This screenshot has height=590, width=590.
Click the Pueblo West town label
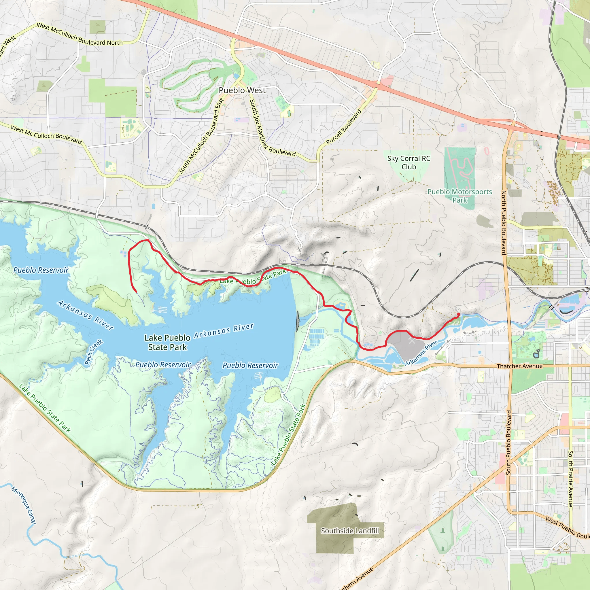(242, 90)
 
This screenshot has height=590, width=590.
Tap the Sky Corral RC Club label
(409, 162)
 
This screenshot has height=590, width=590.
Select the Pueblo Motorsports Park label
(459, 196)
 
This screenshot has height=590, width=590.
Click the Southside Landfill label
(350, 531)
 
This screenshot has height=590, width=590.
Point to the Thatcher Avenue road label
(519, 366)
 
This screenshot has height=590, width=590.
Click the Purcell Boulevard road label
(344, 127)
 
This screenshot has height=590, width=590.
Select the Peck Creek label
(93, 352)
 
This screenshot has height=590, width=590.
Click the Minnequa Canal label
(24, 505)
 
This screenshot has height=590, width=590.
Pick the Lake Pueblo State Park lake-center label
(167, 342)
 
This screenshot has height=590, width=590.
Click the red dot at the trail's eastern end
(458, 314)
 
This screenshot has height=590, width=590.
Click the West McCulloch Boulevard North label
(80, 35)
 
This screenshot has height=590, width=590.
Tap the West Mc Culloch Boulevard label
(46, 135)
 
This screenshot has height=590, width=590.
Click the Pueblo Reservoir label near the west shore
(41, 270)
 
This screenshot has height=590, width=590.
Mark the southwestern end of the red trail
(136, 292)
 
